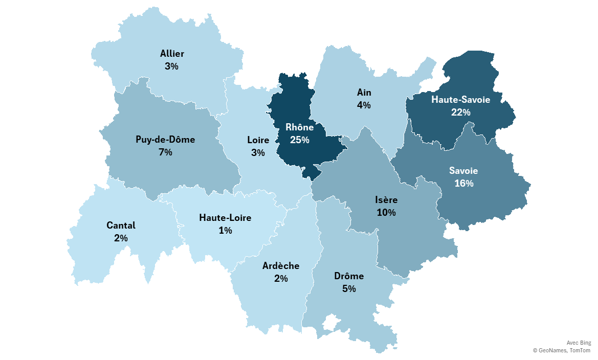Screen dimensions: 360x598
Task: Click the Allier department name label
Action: coord(172,53)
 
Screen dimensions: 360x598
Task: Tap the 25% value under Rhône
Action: coord(299,140)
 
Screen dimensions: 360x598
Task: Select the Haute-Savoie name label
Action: coord(460,100)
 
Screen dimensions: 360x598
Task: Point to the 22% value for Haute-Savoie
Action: coord(460,112)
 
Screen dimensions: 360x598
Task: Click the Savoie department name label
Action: coord(463,170)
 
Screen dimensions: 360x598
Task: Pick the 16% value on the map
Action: coord(463,183)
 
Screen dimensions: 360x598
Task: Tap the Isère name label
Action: coord(386,199)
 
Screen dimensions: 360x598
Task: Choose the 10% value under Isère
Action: coord(386,212)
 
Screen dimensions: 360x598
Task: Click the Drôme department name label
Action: coord(349,276)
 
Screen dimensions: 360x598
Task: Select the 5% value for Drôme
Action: coord(349,289)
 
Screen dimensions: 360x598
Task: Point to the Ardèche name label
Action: coord(281,266)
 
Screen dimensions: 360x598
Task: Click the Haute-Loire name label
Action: coord(225,218)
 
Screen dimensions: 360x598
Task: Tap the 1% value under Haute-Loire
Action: coord(225,231)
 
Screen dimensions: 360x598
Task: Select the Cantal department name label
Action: coord(121,225)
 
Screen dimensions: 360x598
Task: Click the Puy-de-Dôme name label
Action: coord(165,139)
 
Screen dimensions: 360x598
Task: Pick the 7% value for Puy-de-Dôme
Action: coord(165,152)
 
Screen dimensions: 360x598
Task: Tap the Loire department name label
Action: coord(258,140)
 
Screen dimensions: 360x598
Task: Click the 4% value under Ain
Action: coord(364,105)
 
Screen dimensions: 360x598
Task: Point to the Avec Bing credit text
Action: coord(579,343)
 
